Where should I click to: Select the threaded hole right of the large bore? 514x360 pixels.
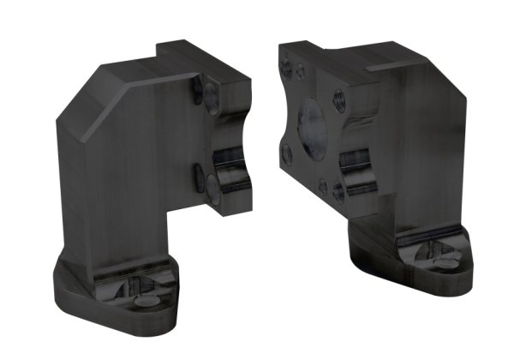[x=339, y=101]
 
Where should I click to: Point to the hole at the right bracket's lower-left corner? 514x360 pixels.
[x=287, y=155]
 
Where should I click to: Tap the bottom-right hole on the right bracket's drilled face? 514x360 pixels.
[x=339, y=190]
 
